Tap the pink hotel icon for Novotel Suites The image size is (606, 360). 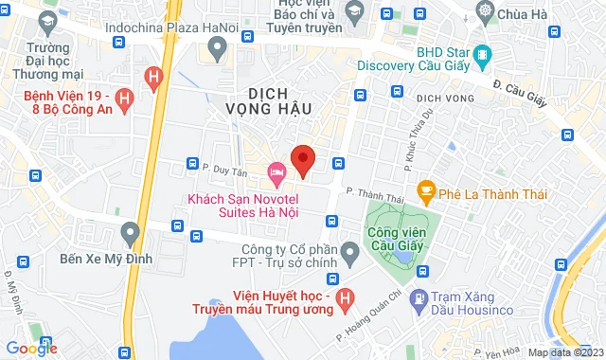276,172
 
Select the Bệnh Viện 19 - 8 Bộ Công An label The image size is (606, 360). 80,103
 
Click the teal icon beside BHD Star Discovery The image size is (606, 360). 482,53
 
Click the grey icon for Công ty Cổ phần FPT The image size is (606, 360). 349,253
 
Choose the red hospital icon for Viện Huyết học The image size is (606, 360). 347,298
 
